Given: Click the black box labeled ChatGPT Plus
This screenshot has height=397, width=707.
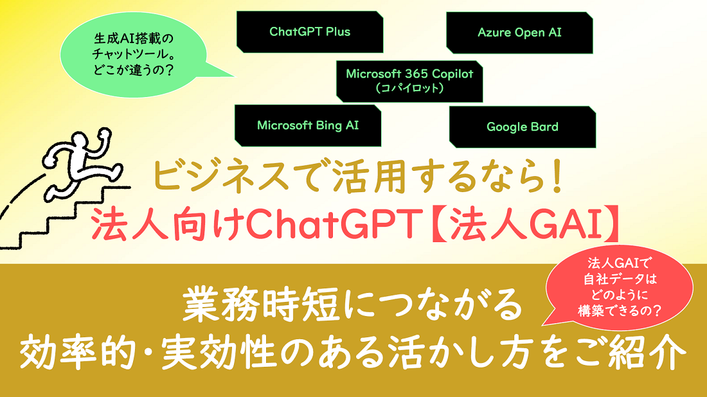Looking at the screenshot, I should (x=310, y=32).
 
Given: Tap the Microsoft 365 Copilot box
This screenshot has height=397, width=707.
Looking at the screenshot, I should (x=409, y=80).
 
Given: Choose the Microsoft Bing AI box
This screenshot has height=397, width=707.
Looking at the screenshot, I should (x=308, y=126).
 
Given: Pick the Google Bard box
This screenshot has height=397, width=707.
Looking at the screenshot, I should (x=522, y=127).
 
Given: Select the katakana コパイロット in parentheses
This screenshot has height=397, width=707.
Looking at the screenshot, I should (x=409, y=89).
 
